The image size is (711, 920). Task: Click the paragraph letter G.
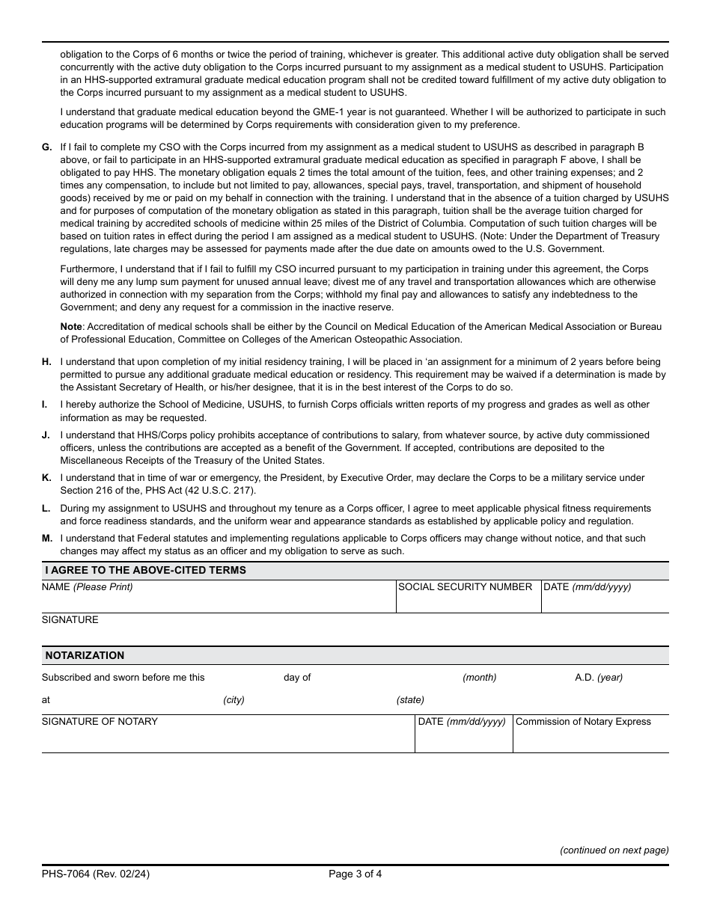pyautogui.click(x=46, y=147)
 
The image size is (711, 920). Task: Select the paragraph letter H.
pyautogui.click(x=46, y=362)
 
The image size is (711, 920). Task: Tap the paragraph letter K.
pyautogui.click(x=46, y=478)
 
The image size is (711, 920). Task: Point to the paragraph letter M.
pyautogui.click(x=46, y=539)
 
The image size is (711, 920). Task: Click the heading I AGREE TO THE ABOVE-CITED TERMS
pyautogui.click(x=145, y=571)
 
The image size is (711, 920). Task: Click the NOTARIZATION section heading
pyautogui.click(x=85, y=656)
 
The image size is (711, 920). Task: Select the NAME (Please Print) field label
pyautogui.click(x=87, y=587)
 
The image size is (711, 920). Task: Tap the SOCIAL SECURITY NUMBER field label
pyautogui.click(x=465, y=587)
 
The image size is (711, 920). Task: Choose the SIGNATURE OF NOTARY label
pyautogui.click(x=100, y=722)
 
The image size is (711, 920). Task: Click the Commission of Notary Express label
pyautogui.click(x=583, y=722)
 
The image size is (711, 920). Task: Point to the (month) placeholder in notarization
pyautogui.click(x=479, y=678)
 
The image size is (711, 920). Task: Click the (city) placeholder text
pyautogui.click(x=234, y=700)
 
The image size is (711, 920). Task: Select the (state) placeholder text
pyautogui.click(x=410, y=700)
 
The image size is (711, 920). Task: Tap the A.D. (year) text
pyautogui.click(x=598, y=678)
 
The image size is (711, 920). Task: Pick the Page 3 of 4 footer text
pyautogui.click(x=355, y=873)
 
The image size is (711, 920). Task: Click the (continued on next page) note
pyautogui.click(x=614, y=850)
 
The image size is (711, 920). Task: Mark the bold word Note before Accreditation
pyautogui.click(x=71, y=327)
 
